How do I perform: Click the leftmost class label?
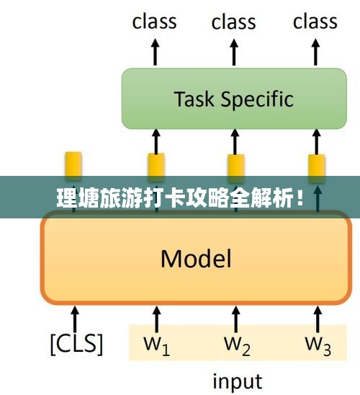[x=154, y=22]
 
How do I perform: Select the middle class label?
[x=234, y=22]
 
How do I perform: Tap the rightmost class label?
[x=315, y=22]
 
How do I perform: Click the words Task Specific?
[x=234, y=99]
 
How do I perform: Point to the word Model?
[x=196, y=259]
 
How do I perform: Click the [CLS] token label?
[x=77, y=344]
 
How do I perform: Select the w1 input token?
[x=156, y=346]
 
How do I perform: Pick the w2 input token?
[x=237, y=346]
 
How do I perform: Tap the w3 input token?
[x=318, y=346]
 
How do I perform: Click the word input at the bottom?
[x=238, y=381]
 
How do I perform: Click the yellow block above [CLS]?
[x=73, y=166]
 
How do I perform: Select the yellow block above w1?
[x=156, y=167]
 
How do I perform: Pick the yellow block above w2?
[x=236, y=168]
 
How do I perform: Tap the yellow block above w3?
[x=317, y=168]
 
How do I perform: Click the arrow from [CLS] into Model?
[x=75, y=319]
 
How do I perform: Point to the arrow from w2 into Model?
[x=235, y=319]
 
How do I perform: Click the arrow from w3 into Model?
[x=318, y=319]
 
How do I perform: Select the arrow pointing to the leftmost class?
[x=156, y=52]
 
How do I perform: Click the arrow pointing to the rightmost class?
[x=315, y=52]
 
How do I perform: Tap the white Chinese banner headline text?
[x=180, y=198]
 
